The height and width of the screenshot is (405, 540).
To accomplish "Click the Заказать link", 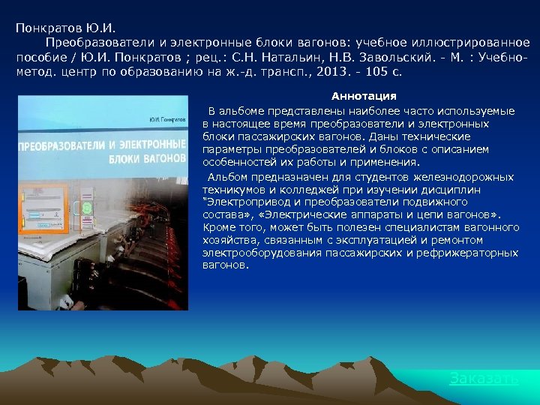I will pyautogui.click(x=484, y=379).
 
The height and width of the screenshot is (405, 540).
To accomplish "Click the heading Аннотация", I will pyautogui.click(x=364, y=97).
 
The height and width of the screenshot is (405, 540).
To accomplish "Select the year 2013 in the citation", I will pyautogui.click(x=333, y=72).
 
